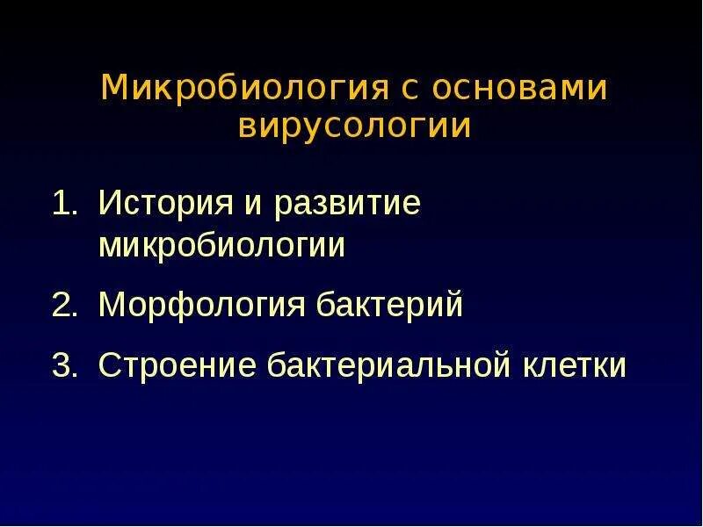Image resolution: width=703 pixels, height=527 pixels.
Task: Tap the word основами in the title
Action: pyautogui.click(x=519, y=89)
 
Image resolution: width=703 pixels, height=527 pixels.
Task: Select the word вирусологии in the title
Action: pyautogui.click(x=354, y=126)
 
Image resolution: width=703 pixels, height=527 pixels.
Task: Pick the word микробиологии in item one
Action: pyautogui.click(x=222, y=247)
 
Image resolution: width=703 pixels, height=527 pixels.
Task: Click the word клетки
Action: pyautogui.click(x=576, y=365)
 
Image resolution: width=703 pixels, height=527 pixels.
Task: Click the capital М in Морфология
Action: pyautogui.click(x=112, y=305)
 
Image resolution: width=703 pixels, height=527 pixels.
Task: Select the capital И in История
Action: pyautogui.click(x=109, y=204)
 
